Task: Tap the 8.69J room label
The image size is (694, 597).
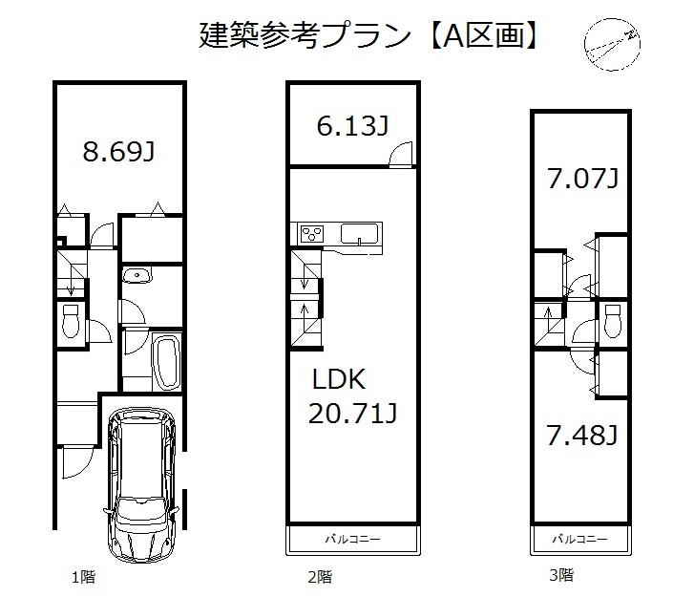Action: pyautogui.click(x=118, y=152)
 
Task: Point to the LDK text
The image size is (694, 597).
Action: pyautogui.click(x=339, y=379)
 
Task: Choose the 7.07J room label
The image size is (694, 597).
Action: pyautogui.click(x=582, y=179)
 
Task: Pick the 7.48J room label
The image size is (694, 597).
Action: pyautogui.click(x=582, y=436)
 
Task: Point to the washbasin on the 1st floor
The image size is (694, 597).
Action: pyautogui.click(x=137, y=278)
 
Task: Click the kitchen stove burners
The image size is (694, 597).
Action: pyautogui.click(x=312, y=232)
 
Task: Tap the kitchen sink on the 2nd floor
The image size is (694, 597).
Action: pyautogui.click(x=360, y=233)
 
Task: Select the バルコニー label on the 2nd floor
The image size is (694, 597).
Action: pyautogui.click(x=353, y=540)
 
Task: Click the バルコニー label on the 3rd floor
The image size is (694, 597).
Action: pyautogui.click(x=581, y=540)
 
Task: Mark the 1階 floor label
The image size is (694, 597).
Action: pyautogui.click(x=82, y=577)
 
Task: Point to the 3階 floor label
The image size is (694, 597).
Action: pyautogui.click(x=561, y=575)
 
